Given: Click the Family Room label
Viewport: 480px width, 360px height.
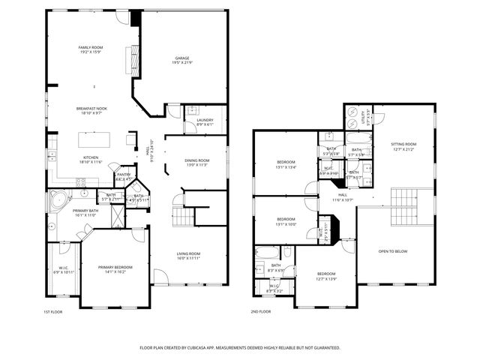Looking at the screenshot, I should pos(91,47).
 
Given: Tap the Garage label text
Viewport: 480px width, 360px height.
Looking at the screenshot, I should pos(181,58).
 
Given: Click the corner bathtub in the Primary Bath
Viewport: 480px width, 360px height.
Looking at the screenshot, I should pos(56,200).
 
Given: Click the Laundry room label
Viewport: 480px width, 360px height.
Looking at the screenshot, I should pos(205,120).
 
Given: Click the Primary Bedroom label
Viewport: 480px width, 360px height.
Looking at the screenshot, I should pos(115,267).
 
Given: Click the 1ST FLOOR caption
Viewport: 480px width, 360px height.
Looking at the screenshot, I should pos(52,312).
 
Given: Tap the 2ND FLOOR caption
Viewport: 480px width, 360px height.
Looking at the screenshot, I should pos(260,312).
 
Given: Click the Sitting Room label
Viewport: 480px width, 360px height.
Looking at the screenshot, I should pos(403,144).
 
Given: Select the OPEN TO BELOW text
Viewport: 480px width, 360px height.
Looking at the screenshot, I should pos(393,251).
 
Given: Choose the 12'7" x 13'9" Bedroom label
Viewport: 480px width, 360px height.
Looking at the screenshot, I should pos(325,274).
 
